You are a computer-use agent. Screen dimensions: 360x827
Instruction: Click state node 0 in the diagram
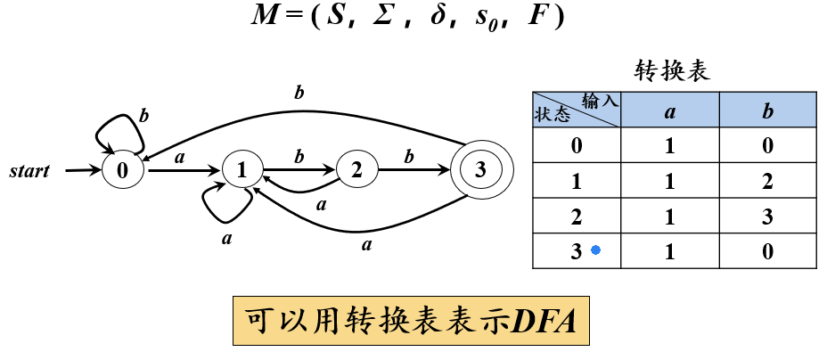pos(122,169)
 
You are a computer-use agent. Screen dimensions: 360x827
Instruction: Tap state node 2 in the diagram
pos(356,169)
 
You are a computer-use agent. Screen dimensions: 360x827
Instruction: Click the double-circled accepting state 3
pos(480,169)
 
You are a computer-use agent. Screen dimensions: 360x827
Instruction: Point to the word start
pos(30,169)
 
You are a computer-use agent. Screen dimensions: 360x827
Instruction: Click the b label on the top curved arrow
pos(299,92)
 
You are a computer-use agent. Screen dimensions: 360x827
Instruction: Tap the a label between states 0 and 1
pos(180,158)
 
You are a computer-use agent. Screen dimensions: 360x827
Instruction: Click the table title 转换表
pos(672,71)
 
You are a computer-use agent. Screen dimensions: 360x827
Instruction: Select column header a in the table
pos(670,110)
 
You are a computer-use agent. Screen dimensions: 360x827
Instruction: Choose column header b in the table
pos(767,110)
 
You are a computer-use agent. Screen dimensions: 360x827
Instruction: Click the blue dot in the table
pos(596,251)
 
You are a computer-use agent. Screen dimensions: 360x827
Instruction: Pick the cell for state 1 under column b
pos(767,181)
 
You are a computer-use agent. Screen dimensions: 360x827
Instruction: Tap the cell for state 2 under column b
pos(767,216)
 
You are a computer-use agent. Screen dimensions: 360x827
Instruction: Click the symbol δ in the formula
pos(437,19)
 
